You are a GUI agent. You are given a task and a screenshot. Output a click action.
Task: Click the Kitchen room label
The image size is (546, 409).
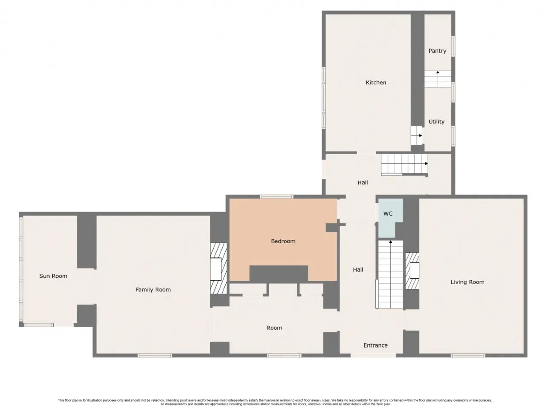click(x=376, y=83)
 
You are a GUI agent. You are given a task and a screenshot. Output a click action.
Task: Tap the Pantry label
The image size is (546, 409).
click(x=437, y=51)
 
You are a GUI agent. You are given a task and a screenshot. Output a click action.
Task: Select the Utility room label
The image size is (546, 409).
click(x=436, y=122)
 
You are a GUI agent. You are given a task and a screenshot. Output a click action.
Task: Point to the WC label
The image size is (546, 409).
click(x=388, y=213)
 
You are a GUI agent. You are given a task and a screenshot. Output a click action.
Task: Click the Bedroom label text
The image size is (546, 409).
click(x=283, y=241)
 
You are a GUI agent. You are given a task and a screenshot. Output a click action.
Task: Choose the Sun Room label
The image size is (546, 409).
click(x=53, y=276)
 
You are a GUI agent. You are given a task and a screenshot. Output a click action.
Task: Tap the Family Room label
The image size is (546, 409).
click(x=153, y=290)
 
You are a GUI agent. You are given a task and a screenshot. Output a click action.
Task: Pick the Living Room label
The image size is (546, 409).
click(x=468, y=282)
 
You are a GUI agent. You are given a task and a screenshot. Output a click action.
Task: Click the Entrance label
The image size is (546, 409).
click(x=375, y=345)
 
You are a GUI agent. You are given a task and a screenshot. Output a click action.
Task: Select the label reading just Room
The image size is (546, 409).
click(x=274, y=328)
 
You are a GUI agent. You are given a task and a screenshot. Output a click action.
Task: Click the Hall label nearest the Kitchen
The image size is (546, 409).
click(x=363, y=182)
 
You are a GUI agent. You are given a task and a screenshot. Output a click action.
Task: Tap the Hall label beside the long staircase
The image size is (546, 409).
click(x=358, y=270)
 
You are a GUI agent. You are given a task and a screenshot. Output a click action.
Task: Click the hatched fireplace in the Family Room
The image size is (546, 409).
click(x=218, y=268)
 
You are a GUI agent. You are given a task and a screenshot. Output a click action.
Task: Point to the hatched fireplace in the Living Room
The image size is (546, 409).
click(x=412, y=271)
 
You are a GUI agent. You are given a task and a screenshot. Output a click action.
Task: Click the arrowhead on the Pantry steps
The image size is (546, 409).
click(x=438, y=72)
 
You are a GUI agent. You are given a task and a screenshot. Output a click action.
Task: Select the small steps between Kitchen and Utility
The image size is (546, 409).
click(x=416, y=135)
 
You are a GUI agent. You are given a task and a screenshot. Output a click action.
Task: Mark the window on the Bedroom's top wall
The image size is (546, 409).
click(x=276, y=197)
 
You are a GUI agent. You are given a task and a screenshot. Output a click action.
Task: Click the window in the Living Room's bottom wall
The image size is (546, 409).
click(x=468, y=355)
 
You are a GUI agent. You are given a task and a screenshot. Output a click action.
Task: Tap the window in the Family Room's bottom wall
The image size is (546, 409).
click(x=154, y=355)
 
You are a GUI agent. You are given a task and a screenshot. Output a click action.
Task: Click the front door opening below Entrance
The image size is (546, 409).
click(x=373, y=355)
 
